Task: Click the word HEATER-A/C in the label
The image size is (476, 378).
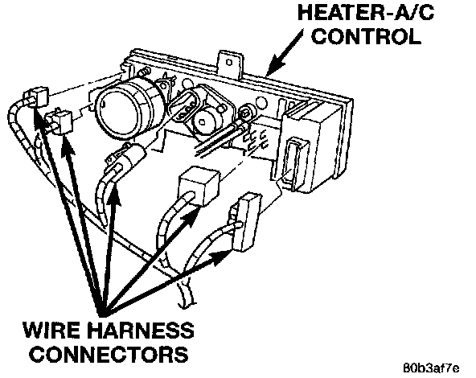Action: [366, 12]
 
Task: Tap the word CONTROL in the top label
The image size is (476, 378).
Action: [367, 36]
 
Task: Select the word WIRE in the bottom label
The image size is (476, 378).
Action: [51, 330]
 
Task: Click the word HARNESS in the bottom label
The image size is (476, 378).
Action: [141, 330]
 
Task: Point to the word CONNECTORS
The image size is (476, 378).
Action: [110, 354]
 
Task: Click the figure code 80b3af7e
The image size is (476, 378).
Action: [431, 368]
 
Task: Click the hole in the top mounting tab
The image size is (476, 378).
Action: [229, 62]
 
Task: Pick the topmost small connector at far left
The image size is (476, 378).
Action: [37, 97]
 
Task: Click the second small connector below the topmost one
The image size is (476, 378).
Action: [59, 121]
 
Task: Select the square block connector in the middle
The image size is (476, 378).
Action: [199, 186]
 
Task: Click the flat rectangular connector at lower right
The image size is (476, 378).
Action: [246, 222]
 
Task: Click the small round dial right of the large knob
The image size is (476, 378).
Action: [204, 120]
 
